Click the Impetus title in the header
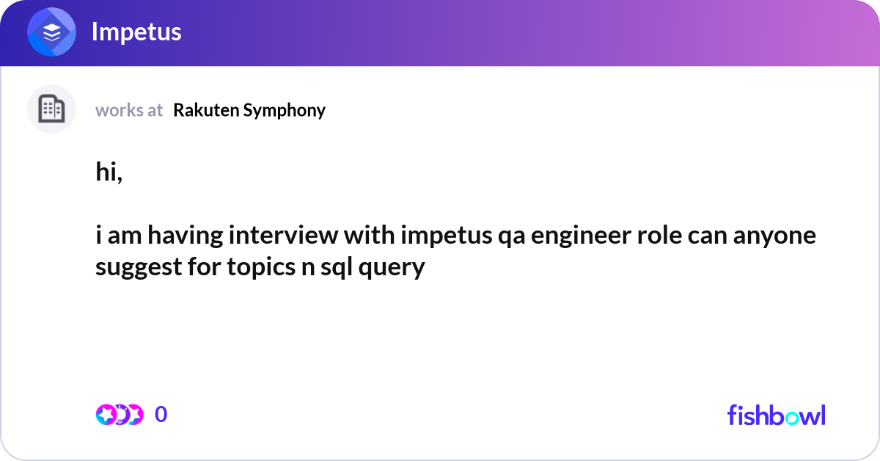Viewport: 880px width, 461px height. click(136, 32)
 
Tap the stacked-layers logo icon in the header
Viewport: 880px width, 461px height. click(51, 32)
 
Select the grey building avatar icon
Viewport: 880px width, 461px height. click(51, 109)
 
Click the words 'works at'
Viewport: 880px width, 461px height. click(129, 110)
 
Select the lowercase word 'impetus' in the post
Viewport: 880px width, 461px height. click(436, 236)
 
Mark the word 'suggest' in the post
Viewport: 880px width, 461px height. click(138, 268)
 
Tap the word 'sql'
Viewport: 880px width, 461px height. click(337, 268)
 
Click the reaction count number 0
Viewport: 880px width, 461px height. click(161, 415)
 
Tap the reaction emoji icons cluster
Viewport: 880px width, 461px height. click(119, 415)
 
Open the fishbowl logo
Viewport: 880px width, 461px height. click(776, 415)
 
